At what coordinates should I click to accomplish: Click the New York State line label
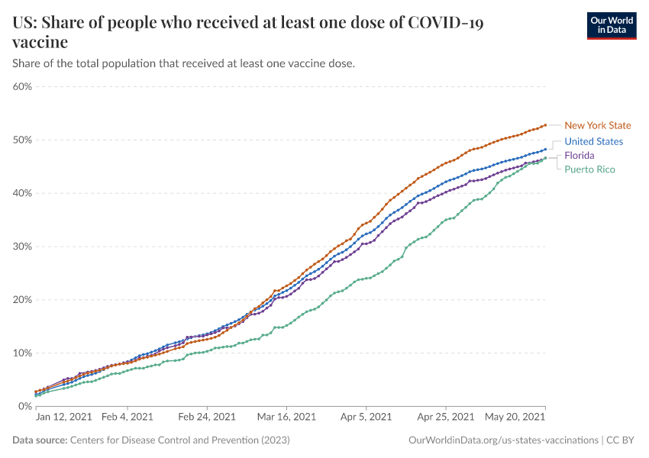pos(597,125)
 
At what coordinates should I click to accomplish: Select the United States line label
pos(593,141)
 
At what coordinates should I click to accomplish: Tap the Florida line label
pos(579,156)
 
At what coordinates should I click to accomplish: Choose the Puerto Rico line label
pos(589,169)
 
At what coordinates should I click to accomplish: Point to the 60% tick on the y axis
pos(22,86)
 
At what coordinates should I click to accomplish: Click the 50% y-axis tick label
pos(22,140)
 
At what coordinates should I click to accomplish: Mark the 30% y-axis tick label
pos(22,247)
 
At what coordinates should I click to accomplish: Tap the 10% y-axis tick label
pos(22,353)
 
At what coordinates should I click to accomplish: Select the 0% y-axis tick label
pos(24,406)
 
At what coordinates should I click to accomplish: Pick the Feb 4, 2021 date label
pos(127,418)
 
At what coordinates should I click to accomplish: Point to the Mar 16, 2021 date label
pos(286,418)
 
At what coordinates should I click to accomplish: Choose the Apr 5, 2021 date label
pos(365,418)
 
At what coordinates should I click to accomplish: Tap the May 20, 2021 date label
pos(514,418)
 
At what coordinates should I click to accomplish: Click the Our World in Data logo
pos(612,25)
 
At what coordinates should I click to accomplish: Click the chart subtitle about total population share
pos(183,63)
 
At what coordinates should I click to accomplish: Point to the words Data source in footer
pos(40,440)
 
